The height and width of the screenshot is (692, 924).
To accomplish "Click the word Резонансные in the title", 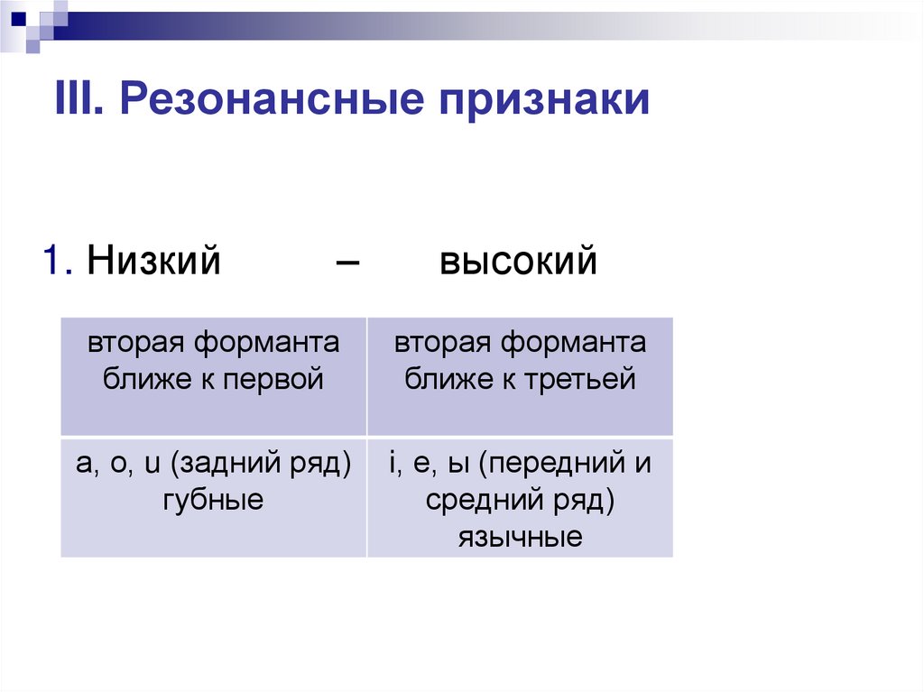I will (270, 100).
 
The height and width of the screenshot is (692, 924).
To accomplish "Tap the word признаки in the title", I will (545, 100).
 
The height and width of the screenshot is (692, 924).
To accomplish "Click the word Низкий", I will (154, 262).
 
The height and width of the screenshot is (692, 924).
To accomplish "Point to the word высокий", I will (519, 263).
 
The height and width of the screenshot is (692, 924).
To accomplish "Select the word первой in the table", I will (279, 379).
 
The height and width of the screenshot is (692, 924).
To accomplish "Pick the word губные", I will (213, 499).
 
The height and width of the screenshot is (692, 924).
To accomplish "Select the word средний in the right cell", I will (476, 500).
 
